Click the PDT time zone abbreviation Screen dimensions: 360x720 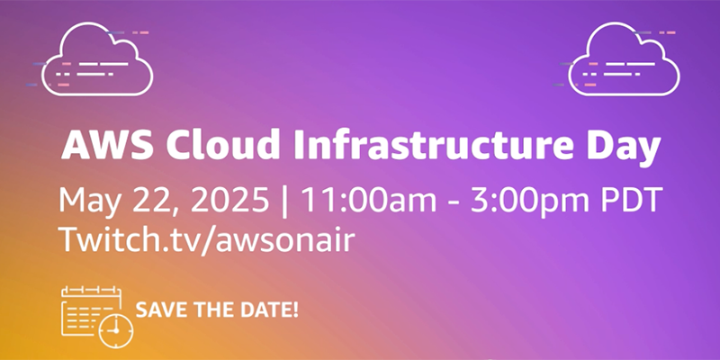631,198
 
